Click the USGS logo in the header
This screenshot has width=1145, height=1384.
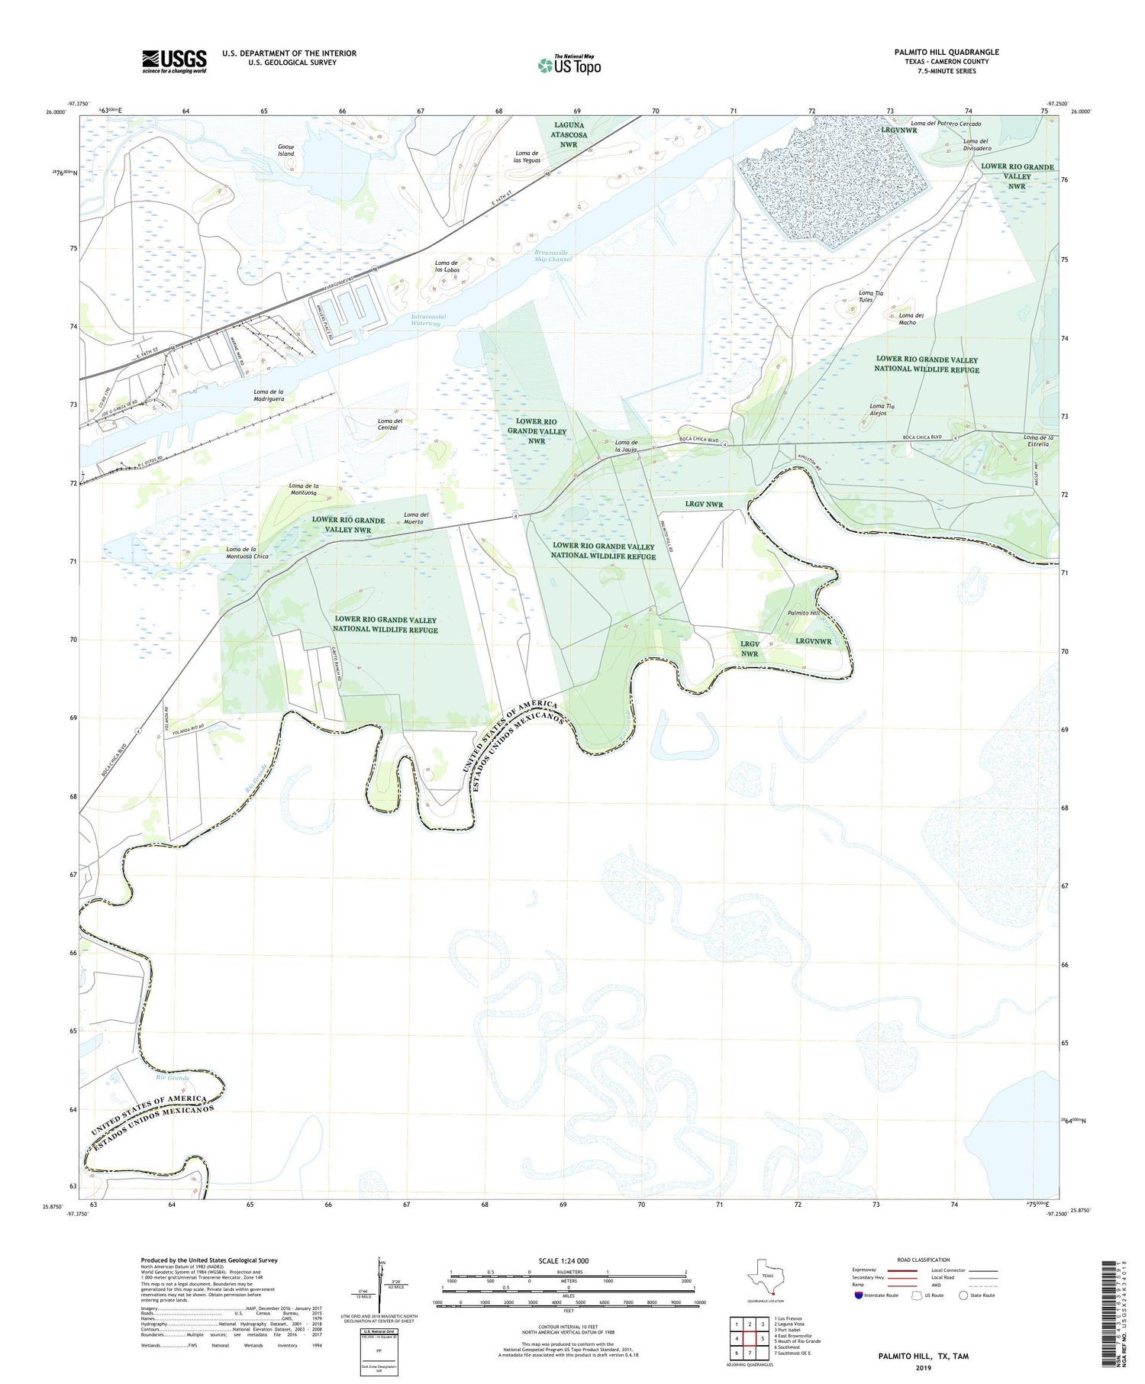174,61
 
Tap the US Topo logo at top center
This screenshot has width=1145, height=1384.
569,66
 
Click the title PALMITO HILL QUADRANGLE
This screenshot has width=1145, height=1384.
947,52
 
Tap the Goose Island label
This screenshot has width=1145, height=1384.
285,150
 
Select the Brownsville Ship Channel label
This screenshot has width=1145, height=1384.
553,256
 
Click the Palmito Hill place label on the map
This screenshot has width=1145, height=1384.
803,613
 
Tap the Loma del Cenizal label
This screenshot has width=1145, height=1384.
390,424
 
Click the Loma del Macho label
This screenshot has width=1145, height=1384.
911,319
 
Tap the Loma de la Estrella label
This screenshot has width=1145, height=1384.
1038,440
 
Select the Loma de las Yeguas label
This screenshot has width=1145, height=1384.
527,157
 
